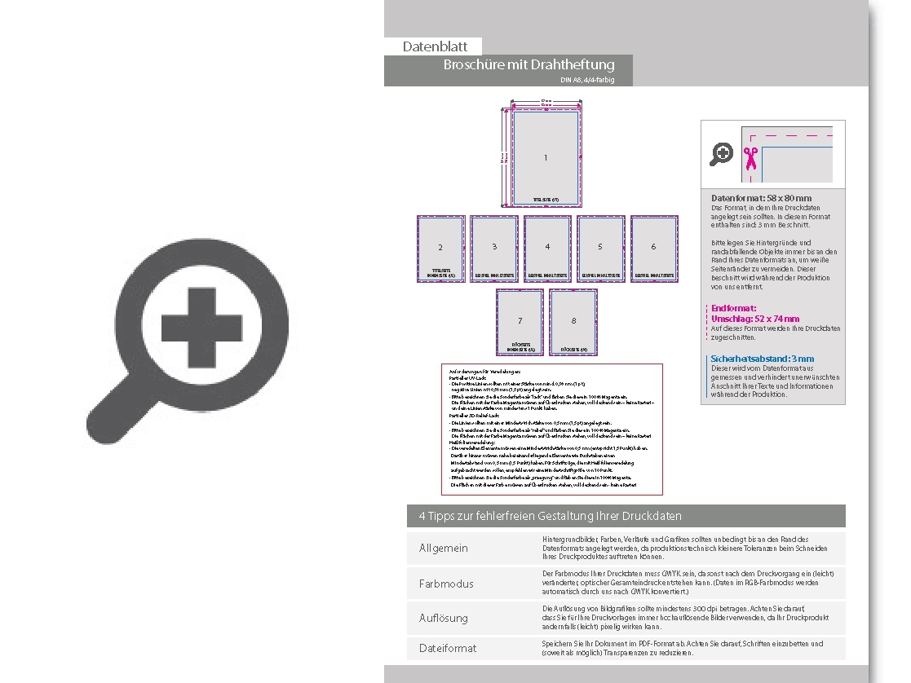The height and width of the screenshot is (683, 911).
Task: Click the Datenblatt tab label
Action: point(435,47)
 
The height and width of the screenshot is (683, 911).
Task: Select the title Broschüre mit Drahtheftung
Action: point(528,64)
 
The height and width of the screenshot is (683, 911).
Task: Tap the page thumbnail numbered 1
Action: point(546,157)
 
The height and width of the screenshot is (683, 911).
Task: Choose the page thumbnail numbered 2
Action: point(440,248)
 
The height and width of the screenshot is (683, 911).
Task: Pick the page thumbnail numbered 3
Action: point(494,248)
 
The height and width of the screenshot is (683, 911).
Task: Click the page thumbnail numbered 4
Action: point(547,248)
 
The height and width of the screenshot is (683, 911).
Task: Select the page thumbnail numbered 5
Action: point(600,248)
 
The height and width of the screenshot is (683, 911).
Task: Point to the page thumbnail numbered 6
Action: point(653,248)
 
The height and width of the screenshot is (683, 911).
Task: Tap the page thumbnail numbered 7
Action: point(520,322)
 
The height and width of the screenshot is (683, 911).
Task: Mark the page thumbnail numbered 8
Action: point(573,322)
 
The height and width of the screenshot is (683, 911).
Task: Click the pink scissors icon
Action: point(750,156)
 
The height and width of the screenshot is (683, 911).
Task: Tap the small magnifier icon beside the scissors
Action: point(722,153)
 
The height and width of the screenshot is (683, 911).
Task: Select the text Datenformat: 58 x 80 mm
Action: point(761,198)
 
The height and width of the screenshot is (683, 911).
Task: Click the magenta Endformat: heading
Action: point(734,308)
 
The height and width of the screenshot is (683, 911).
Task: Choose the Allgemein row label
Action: point(443,548)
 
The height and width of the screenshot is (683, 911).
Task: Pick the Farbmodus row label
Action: point(445,584)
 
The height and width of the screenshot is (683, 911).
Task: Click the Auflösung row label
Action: point(443,618)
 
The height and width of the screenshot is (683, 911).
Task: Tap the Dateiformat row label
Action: point(447,648)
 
